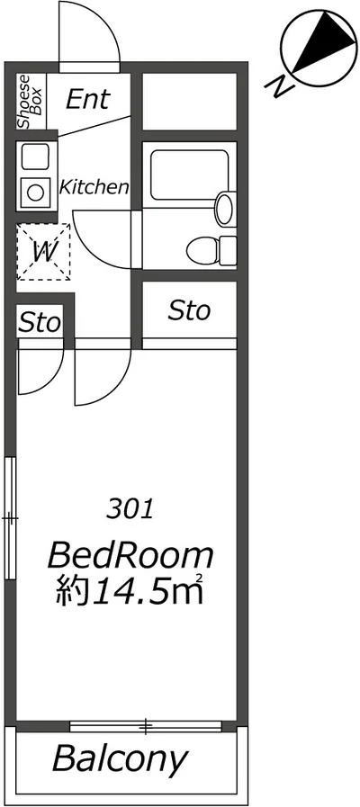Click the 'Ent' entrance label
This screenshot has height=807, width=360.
(x=87, y=98)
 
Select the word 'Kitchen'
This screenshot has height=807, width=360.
(x=94, y=188)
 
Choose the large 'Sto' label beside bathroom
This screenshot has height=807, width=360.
(x=189, y=311)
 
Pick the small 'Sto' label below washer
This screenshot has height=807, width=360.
(x=40, y=321)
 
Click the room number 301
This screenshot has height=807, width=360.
(x=130, y=509)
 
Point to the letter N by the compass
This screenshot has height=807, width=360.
(x=280, y=86)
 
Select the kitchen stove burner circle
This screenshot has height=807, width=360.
(x=37, y=191)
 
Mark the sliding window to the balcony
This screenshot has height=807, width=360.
(x=146, y=725)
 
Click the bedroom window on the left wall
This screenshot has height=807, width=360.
(x=10, y=517)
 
